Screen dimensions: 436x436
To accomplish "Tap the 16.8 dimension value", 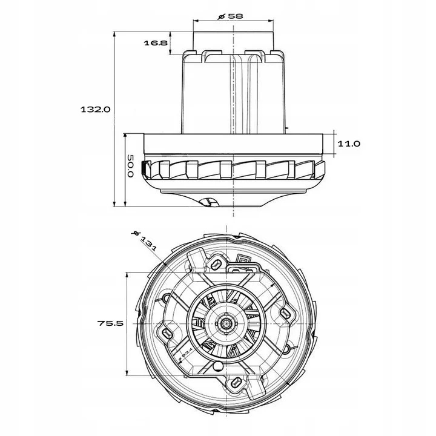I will [156, 43].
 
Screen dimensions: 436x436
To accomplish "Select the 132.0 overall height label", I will [96, 110].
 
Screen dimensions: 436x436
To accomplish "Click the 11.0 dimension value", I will [349, 144].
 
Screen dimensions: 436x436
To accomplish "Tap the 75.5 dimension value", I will [110, 323].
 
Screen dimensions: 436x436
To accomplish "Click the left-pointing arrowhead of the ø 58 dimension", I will [196, 21].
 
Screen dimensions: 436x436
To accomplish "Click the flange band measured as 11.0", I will [233, 143].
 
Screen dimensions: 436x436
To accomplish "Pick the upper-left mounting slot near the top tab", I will [215, 263].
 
